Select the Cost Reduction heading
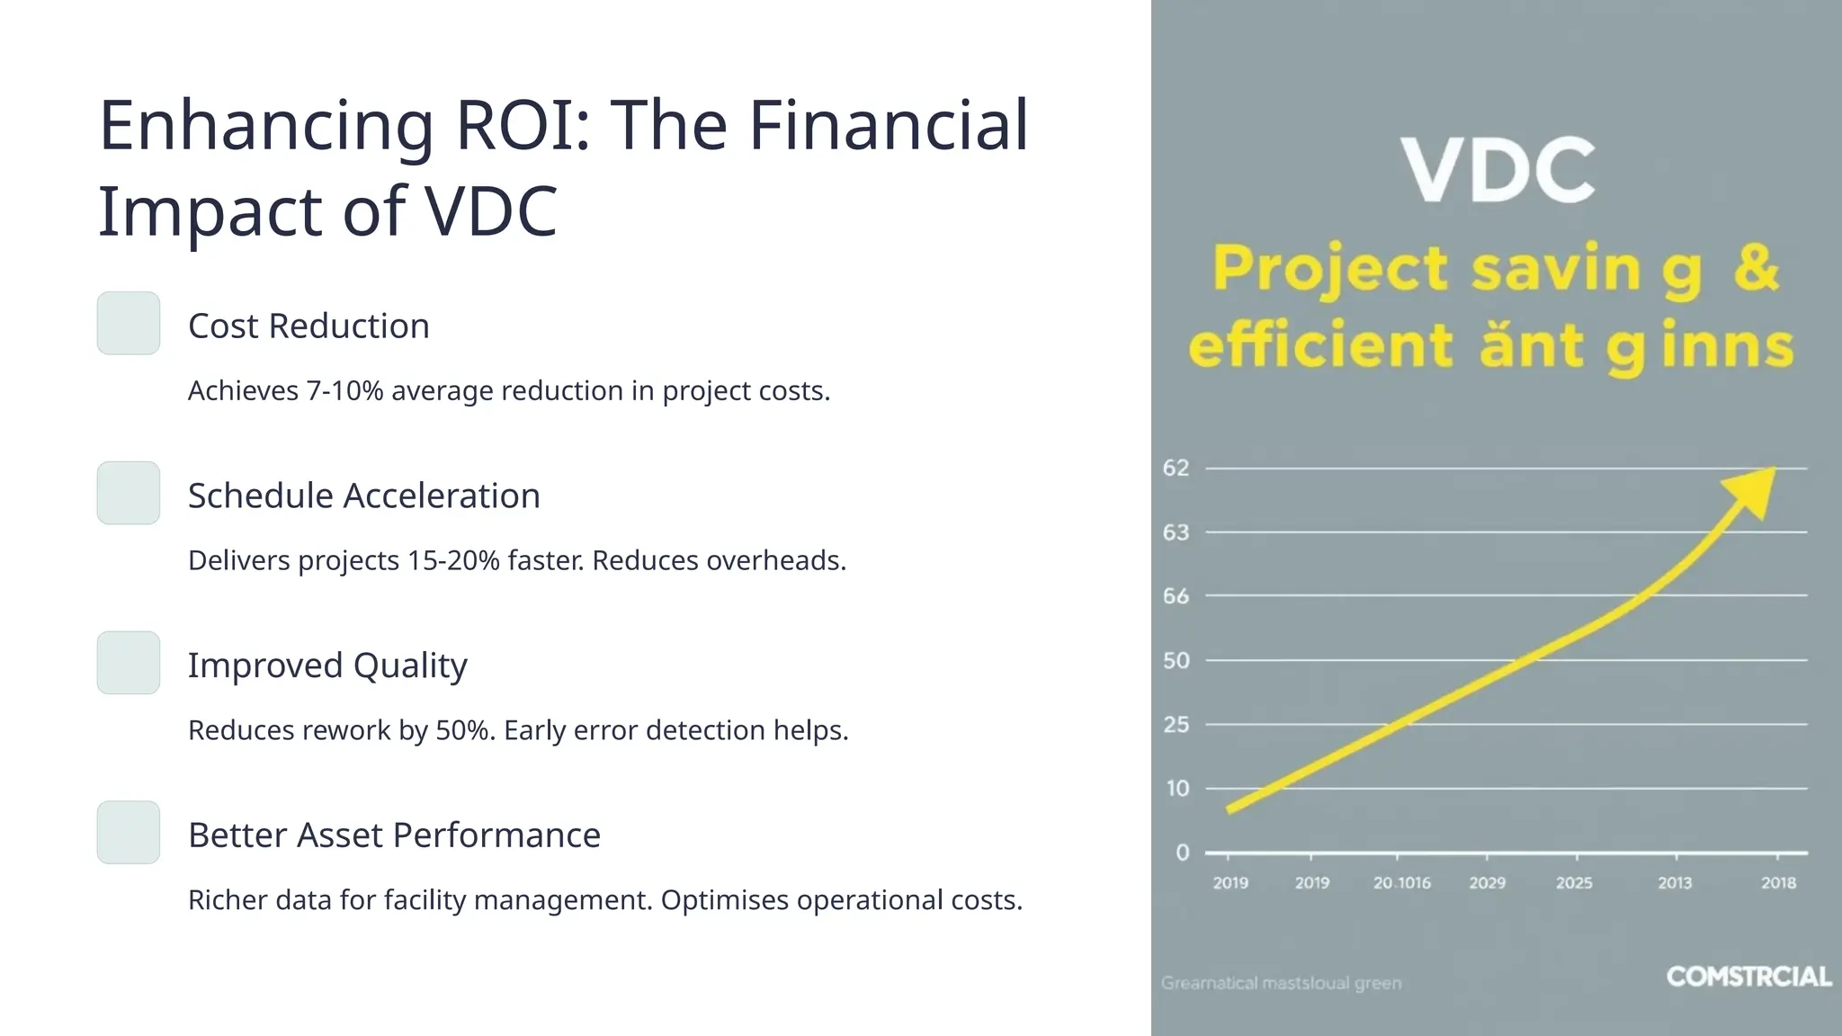tap(308, 326)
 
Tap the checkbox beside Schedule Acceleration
tap(129, 493)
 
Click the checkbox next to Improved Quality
tap(129, 663)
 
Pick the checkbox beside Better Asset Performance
tap(129, 833)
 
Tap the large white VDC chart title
tap(1498, 171)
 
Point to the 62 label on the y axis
tap(1176, 468)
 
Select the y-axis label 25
tap(1176, 724)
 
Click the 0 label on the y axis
tap(1182, 853)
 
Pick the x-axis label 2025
tap(1574, 883)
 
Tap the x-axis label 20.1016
tap(1401, 883)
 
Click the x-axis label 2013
tap(1675, 883)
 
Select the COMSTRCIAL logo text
tap(1748, 977)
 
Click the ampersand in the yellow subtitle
tap(1756, 267)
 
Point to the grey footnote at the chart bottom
tap(1281, 983)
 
